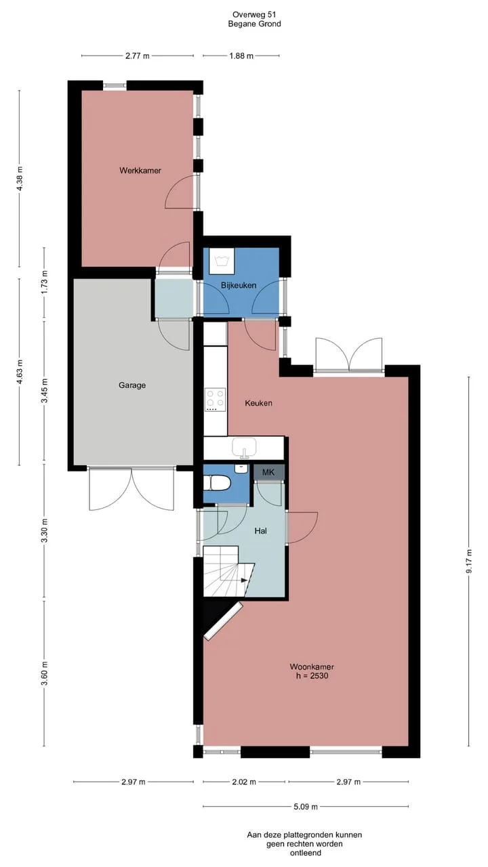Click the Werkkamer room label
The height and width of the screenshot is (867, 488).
pyautogui.click(x=140, y=170)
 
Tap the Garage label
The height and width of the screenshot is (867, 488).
pyautogui.click(x=132, y=385)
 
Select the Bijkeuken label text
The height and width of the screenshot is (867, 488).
pyautogui.click(x=239, y=285)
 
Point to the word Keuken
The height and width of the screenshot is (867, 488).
pyautogui.click(x=258, y=403)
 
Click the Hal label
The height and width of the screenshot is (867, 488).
pyautogui.click(x=260, y=530)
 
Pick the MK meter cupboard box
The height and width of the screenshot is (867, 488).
pyautogui.click(x=269, y=472)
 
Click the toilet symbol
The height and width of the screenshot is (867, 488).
pyautogui.click(x=219, y=484)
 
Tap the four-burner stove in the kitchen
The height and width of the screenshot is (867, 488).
pyautogui.click(x=216, y=400)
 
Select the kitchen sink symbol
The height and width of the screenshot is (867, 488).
pyautogui.click(x=244, y=448)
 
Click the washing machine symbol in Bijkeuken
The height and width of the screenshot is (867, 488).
pyautogui.click(x=222, y=261)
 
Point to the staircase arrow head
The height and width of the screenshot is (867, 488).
pyautogui.click(x=244, y=580)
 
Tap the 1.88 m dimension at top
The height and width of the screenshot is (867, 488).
pyautogui.click(x=241, y=56)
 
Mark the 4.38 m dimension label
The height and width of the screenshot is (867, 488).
pyautogui.click(x=20, y=177)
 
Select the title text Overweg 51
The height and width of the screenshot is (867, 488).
pyautogui.click(x=254, y=15)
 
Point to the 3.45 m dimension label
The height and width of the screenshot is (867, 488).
pyautogui.click(x=45, y=391)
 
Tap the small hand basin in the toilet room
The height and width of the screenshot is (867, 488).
pyautogui.click(x=241, y=468)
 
